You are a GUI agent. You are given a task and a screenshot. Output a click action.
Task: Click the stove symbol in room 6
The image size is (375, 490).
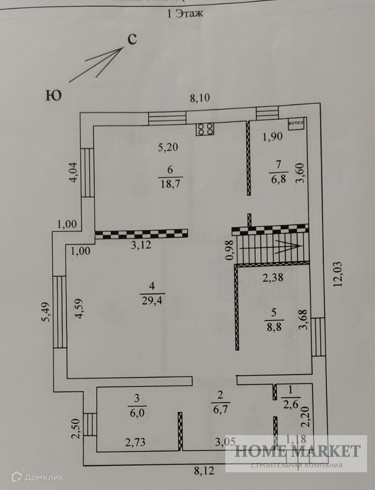point(205,129)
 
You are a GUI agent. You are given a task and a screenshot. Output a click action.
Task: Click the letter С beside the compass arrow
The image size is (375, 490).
point(132,40)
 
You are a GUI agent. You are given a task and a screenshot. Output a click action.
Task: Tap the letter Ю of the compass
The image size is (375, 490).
point(53,95)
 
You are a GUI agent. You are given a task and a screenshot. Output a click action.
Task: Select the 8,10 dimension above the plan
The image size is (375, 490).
point(200,98)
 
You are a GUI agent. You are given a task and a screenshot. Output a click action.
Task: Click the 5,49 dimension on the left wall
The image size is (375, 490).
point(45,311)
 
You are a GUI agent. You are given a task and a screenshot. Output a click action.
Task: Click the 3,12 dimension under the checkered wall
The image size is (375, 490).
point(141,245)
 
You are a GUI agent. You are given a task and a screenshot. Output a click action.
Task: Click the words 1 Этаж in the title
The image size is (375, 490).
point(186,14)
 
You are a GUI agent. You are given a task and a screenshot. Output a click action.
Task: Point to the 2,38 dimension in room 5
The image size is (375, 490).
point(273,278)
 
